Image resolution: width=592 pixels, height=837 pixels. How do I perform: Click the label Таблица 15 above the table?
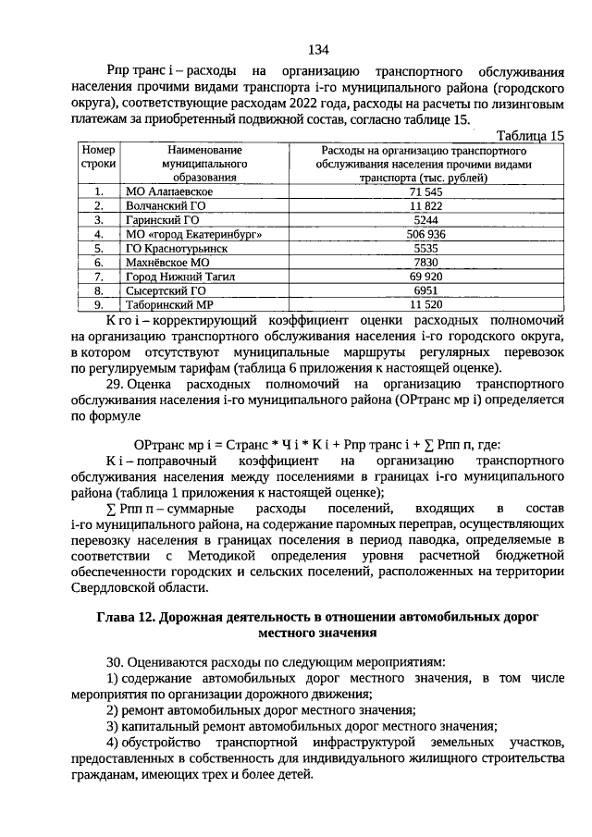point(530,135)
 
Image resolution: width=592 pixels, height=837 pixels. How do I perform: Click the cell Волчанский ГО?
point(166,205)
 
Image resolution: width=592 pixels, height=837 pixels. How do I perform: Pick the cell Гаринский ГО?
point(162,220)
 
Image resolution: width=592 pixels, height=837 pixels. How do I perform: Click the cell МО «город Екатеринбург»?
point(188,234)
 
